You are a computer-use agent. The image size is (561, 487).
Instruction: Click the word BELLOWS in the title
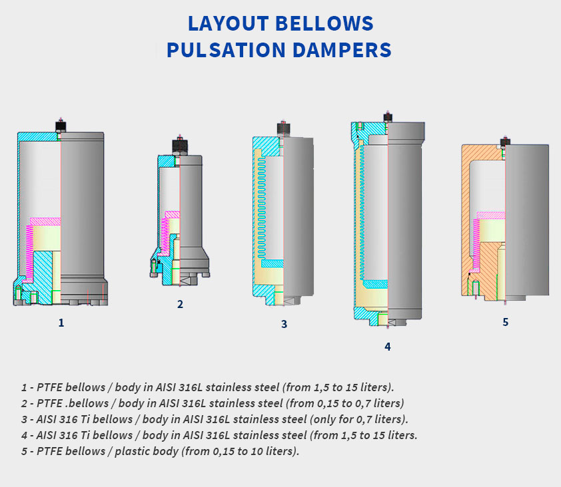tap(324, 23)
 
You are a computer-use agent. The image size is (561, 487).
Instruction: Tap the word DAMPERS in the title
tap(342, 50)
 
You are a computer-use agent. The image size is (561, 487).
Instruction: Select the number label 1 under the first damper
tap(61, 323)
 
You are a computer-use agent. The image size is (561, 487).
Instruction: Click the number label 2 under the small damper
tap(180, 305)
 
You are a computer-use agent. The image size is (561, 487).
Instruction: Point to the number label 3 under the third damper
tap(284, 324)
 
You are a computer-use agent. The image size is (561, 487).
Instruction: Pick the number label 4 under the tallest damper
tap(388, 347)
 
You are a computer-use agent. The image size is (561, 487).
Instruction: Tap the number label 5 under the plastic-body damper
tap(505, 322)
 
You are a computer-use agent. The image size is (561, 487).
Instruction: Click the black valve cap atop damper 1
tap(61, 126)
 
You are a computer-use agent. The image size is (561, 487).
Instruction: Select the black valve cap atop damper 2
tap(180, 146)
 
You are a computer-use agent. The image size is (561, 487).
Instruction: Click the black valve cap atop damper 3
tap(283, 128)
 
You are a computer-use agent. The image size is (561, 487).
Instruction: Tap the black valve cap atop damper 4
tap(388, 118)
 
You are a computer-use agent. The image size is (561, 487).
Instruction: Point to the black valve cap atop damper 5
tap(505, 142)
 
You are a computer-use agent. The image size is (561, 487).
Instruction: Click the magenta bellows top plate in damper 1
tap(45, 222)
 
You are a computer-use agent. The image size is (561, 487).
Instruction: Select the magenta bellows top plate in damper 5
tap(491, 216)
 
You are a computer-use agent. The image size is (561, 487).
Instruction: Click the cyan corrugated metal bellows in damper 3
tap(262, 207)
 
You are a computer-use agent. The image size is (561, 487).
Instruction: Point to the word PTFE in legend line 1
tap(50, 387)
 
